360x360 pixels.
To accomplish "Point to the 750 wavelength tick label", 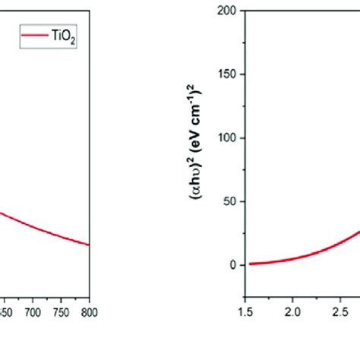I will point(61,312).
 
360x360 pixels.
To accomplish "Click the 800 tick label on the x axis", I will point(89,312).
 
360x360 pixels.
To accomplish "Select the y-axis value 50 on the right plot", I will point(233,202).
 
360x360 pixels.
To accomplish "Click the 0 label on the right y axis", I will point(235,265).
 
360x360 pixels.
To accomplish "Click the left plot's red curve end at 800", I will point(89,245).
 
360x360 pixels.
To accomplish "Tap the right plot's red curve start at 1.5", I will point(251,264).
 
